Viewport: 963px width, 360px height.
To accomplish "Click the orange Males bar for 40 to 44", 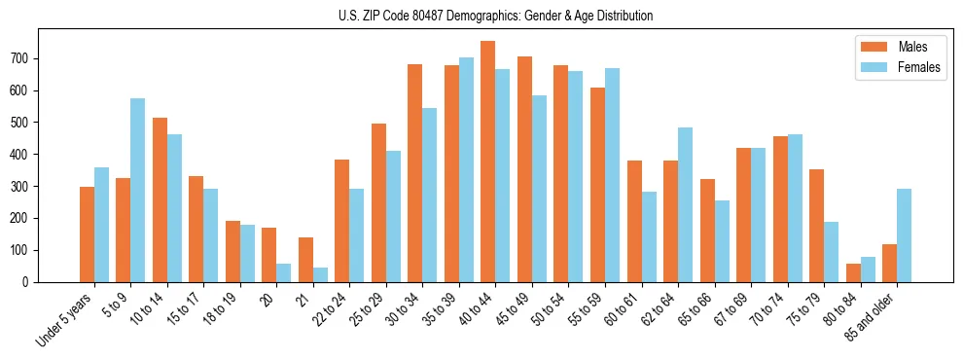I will click(487, 162).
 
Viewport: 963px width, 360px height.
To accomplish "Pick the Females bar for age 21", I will click(320, 274).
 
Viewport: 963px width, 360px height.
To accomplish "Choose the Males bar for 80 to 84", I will click(853, 272).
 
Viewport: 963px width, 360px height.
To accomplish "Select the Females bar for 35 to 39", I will click(466, 169).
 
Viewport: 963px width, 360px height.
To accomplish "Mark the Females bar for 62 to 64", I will click(685, 204).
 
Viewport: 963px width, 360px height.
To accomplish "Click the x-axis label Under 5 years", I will click(65, 320).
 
